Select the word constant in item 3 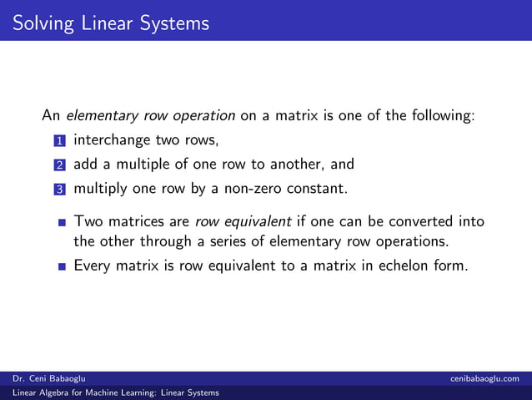[x=316, y=188]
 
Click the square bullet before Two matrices [x=62, y=223]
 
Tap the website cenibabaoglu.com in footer [x=489, y=379]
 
